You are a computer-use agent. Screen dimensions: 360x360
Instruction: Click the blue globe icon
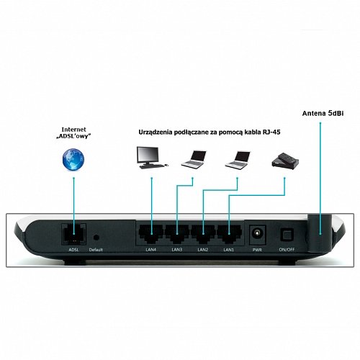(73, 160)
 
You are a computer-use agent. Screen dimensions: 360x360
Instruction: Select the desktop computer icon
(152, 158)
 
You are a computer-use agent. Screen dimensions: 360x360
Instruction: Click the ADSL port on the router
(73, 234)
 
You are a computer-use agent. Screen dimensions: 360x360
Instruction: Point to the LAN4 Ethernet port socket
(151, 234)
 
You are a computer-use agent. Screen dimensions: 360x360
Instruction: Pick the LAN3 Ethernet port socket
(177, 234)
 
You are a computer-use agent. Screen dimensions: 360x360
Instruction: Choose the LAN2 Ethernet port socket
(203, 234)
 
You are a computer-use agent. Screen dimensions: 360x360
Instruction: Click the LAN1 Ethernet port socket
(229, 234)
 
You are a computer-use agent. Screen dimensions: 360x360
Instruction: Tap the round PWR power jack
(257, 233)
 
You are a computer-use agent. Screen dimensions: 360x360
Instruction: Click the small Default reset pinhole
(96, 238)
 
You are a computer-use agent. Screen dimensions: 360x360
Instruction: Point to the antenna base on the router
(320, 233)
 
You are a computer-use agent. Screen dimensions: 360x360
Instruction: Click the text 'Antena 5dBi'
(323, 113)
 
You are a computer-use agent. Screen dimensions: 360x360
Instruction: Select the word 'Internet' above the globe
(73, 130)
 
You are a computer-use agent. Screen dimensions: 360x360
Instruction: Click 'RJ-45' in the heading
(270, 132)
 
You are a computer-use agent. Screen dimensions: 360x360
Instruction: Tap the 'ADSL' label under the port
(73, 250)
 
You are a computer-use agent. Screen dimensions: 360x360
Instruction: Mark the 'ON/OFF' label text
(287, 250)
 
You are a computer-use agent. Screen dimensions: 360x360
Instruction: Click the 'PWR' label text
(257, 250)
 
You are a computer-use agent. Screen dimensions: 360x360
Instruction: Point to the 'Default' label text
(96, 250)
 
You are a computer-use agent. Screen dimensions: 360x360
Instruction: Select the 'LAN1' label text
(229, 250)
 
